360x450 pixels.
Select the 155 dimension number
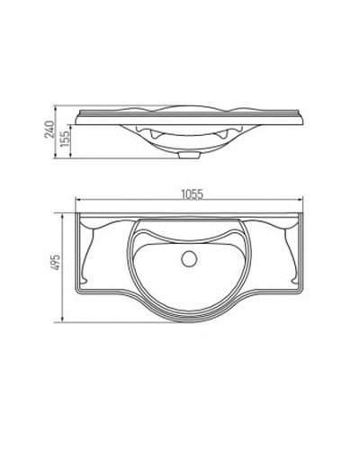point(65,142)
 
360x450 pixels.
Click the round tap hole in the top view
point(188,259)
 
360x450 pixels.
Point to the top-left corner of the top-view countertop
point(76,213)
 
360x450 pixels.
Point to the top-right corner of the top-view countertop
point(301,213)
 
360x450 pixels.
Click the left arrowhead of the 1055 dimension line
point(77,201)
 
